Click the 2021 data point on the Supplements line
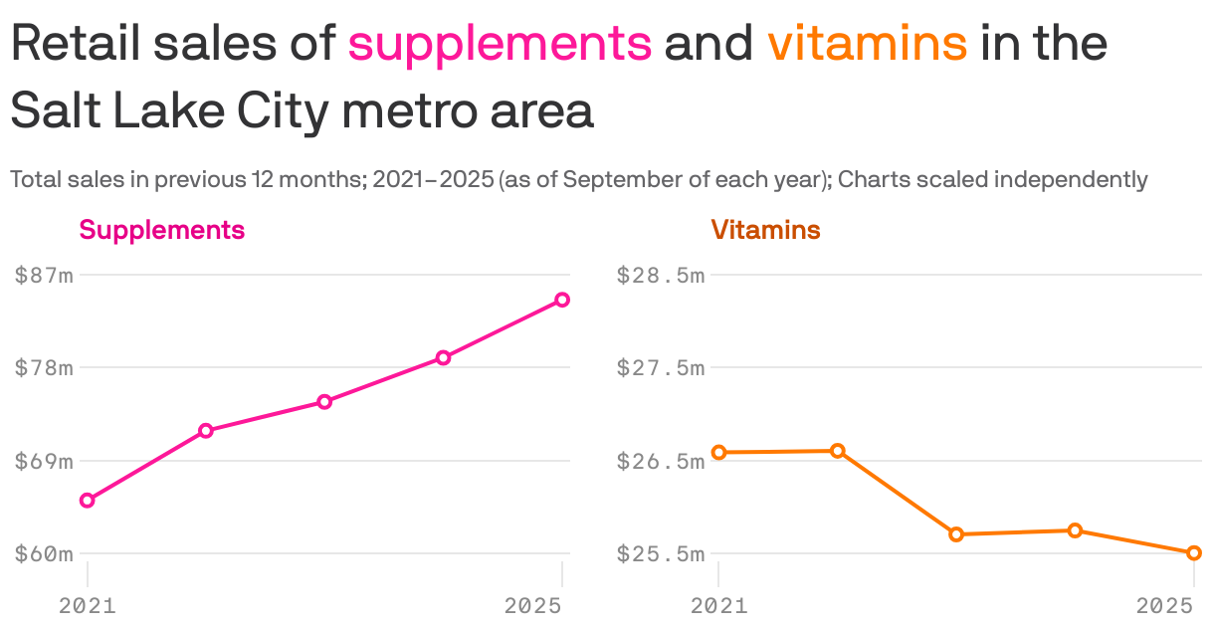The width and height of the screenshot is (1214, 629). (x=88, y=500)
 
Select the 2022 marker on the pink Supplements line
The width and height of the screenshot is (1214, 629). (x=206, y=431)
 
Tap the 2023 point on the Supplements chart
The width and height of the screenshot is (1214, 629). (x=324, y=402)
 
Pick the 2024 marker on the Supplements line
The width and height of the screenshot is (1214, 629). (x=444, y=357)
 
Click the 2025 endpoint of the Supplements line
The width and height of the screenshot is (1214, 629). (x=562, y=300)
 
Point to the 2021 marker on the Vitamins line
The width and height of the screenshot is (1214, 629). (x=719, y=452)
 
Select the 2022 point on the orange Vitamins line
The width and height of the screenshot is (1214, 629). (x=838, y=451)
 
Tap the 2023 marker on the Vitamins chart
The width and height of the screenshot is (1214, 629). (x=956, y=534)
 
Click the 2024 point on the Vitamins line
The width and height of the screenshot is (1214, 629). (x=1075, y=530)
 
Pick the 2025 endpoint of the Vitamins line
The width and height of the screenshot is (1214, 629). (x=1194, y=552)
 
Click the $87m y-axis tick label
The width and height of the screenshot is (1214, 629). (x=44, y=276)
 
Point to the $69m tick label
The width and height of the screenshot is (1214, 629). (x=44, y=461)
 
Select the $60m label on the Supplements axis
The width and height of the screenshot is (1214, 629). (x=44, y=553)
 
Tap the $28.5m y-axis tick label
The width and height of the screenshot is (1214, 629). (x=661, y=276)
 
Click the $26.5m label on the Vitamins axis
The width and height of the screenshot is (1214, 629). (x=661, y=461)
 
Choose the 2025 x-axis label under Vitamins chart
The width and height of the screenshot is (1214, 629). (x=1165, y=605)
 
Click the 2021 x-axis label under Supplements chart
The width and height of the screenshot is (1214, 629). (x=88, y=605)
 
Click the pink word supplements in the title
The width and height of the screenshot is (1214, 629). (x=501, y=44)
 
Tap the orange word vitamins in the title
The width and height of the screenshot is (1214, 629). (x=867, y=44)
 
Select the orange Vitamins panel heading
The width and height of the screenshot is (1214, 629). (x=765, y=230)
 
